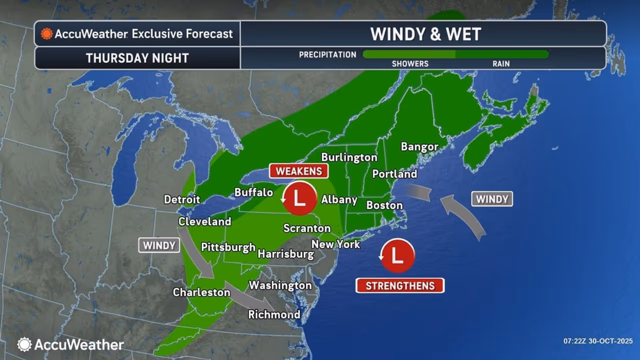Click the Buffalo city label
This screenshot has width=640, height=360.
coord(254,192)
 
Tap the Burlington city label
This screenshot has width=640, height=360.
coord(349,157)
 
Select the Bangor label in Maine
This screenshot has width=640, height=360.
coord(419,146)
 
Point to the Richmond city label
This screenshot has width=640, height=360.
coord(274,314)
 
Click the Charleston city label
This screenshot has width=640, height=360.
coord(201,292)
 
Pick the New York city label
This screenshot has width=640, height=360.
coord(335,244)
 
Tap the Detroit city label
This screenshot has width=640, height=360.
coord(182,199)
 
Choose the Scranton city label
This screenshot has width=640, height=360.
coord(307,228)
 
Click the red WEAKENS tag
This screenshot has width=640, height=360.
coord(299,171)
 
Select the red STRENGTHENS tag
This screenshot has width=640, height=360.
coord(399,285)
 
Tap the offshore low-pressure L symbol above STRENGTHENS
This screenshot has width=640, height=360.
coord(397,255)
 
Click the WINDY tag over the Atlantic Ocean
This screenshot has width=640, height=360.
coord(492,199)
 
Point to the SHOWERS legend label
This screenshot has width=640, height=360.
coord(410,64)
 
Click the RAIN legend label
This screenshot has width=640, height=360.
coord(501,64)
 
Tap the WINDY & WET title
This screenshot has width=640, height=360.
coord(425,34)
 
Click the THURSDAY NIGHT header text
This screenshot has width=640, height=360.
coord(137,58)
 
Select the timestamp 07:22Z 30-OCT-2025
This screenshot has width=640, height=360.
coord(597,341)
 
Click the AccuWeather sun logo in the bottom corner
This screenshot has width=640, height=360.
coord(24,344)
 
